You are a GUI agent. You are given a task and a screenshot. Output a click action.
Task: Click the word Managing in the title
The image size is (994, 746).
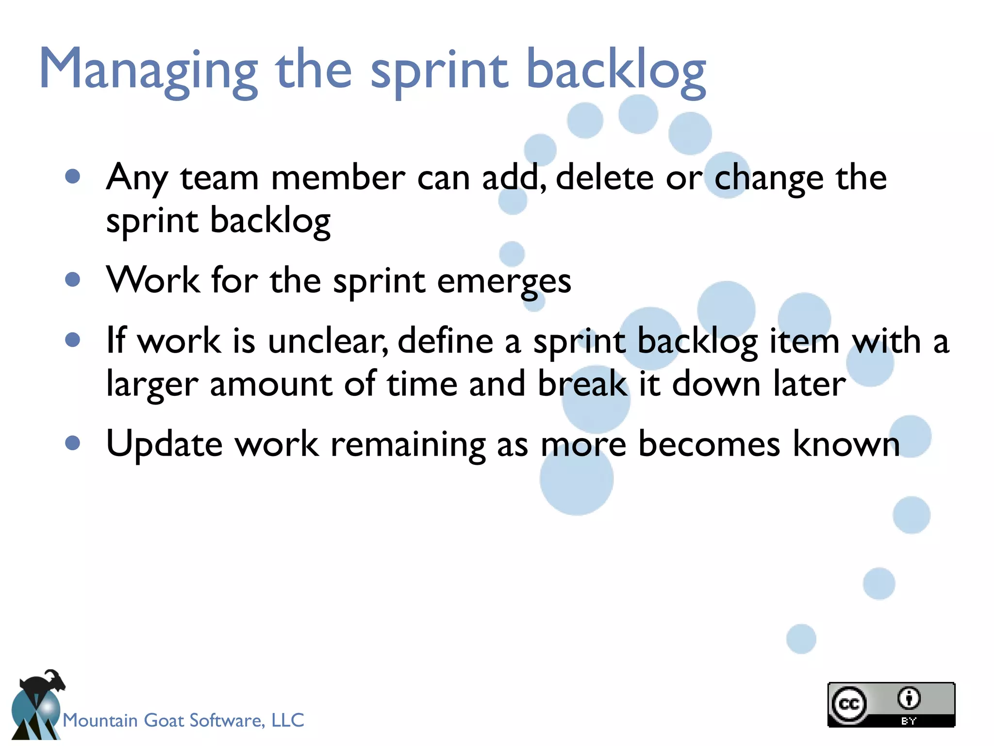pos(148,70)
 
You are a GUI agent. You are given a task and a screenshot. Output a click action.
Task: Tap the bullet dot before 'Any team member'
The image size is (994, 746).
pos(72,176)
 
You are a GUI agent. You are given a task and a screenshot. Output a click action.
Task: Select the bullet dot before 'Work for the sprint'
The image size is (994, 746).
pos(72,279)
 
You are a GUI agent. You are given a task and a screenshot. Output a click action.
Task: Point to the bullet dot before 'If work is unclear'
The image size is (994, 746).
pos(72,339)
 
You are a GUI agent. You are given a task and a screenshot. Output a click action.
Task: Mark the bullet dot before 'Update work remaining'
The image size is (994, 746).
pos(72,442)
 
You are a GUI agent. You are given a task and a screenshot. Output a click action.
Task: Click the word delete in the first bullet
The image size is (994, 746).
pos(605,177)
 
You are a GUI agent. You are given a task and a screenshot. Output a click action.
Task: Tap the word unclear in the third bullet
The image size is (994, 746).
pos(328,341)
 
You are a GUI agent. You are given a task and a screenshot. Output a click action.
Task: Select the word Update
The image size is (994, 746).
pos(164,444)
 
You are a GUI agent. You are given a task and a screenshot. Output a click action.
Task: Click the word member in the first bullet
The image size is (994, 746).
pos(338,177)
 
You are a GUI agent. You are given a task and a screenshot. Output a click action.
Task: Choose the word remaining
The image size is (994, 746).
pos(408,444)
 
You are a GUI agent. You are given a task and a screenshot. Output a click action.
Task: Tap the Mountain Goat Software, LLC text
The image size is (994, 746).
pos(183,720)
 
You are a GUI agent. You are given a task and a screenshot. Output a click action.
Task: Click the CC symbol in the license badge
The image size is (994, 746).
pos(849,704)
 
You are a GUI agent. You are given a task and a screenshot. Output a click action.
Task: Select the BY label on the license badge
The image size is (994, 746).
pos(909,721)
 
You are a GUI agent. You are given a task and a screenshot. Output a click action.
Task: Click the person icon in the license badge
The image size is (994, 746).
pos(909,699)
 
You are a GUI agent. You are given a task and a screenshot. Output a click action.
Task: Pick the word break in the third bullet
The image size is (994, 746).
pos(582,384)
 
